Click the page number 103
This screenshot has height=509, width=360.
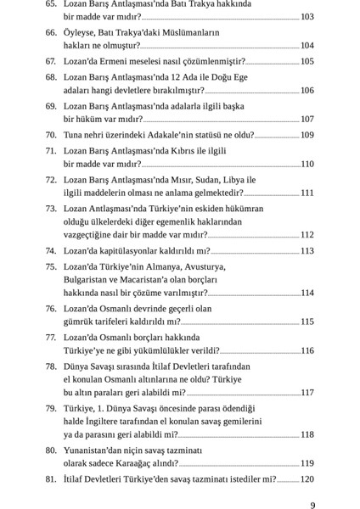point(307,17)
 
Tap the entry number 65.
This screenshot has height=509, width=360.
point(51,4)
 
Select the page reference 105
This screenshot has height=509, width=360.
point(307,62)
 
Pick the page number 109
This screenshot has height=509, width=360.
point(307,135)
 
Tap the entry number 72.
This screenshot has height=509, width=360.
point(51,180)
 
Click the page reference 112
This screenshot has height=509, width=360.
point(307,235)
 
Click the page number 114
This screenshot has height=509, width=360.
point(307,293)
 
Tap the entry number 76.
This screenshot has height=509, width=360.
point(51,309)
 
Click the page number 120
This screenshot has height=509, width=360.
point(307,479)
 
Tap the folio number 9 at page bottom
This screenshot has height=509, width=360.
point(313,506)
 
